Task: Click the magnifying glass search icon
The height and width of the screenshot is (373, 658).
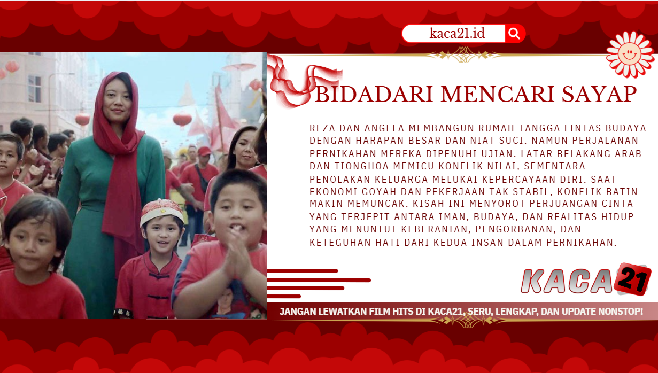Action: tap(514, 34)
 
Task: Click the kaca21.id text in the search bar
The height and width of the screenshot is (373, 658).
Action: tap(457, 33)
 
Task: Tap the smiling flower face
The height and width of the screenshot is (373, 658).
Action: tap(630, 55)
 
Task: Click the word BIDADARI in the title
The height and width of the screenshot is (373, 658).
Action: tap(374, 95)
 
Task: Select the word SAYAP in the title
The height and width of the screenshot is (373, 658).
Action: tap(599, 95)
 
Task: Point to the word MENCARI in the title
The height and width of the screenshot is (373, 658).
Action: tap(498, 95)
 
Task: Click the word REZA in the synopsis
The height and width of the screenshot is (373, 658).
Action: tap(322, 128)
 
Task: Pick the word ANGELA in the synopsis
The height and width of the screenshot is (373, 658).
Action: tap(384, 128)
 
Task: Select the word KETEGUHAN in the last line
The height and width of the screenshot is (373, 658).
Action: tap(340, 243)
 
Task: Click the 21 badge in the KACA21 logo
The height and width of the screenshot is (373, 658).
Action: tap(633, 279)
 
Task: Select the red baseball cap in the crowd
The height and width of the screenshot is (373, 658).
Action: tap(204, 151)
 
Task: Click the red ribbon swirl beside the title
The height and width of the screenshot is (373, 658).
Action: tap(300, 82)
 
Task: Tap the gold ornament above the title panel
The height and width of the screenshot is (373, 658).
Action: tap(463, 55)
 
